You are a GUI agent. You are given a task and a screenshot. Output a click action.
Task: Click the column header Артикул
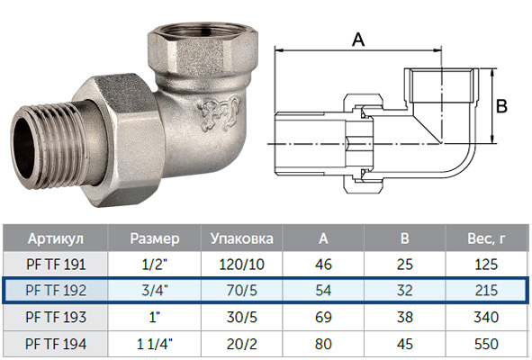tap(56, 238)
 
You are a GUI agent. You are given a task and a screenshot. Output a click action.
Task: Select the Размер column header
tap(155, 238)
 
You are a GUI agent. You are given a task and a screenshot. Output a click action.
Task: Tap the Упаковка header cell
tap(242, 238)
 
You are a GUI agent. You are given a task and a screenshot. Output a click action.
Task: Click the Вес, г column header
tap(486, 238)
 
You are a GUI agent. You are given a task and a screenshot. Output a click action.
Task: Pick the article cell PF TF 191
tap(56, 265)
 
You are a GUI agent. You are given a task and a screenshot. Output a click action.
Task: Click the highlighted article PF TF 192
tap(56, 291)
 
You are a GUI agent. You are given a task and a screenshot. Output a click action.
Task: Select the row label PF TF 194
tap(56, 344)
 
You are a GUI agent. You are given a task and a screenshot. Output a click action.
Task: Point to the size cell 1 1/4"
tap(155, 344)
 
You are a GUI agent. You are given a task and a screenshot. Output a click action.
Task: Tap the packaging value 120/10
tap(242, 265)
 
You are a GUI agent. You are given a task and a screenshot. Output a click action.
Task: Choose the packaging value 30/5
tap(242, 317)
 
